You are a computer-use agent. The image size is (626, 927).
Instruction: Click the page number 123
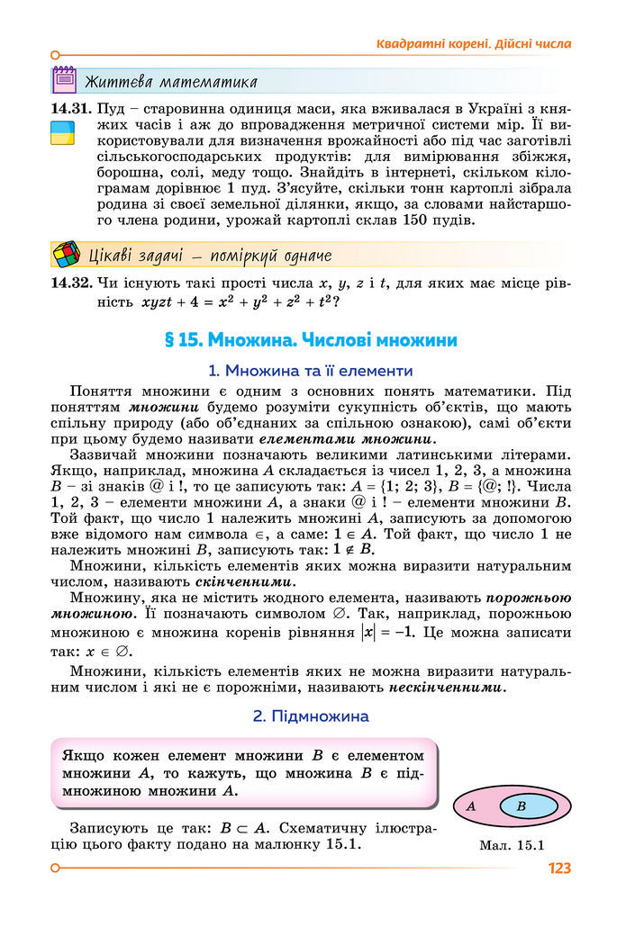click(x=558, y=868)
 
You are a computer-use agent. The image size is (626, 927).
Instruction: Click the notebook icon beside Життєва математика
click(x=65, y=81)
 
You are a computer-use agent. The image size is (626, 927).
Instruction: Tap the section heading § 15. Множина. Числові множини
click(x=312, y=340)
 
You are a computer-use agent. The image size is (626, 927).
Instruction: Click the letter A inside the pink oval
click(x=470, y=806)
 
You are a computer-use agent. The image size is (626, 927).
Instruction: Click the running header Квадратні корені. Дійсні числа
click(x=474, y=43)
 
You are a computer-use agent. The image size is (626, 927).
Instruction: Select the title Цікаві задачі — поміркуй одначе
click(x=210, y=256)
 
